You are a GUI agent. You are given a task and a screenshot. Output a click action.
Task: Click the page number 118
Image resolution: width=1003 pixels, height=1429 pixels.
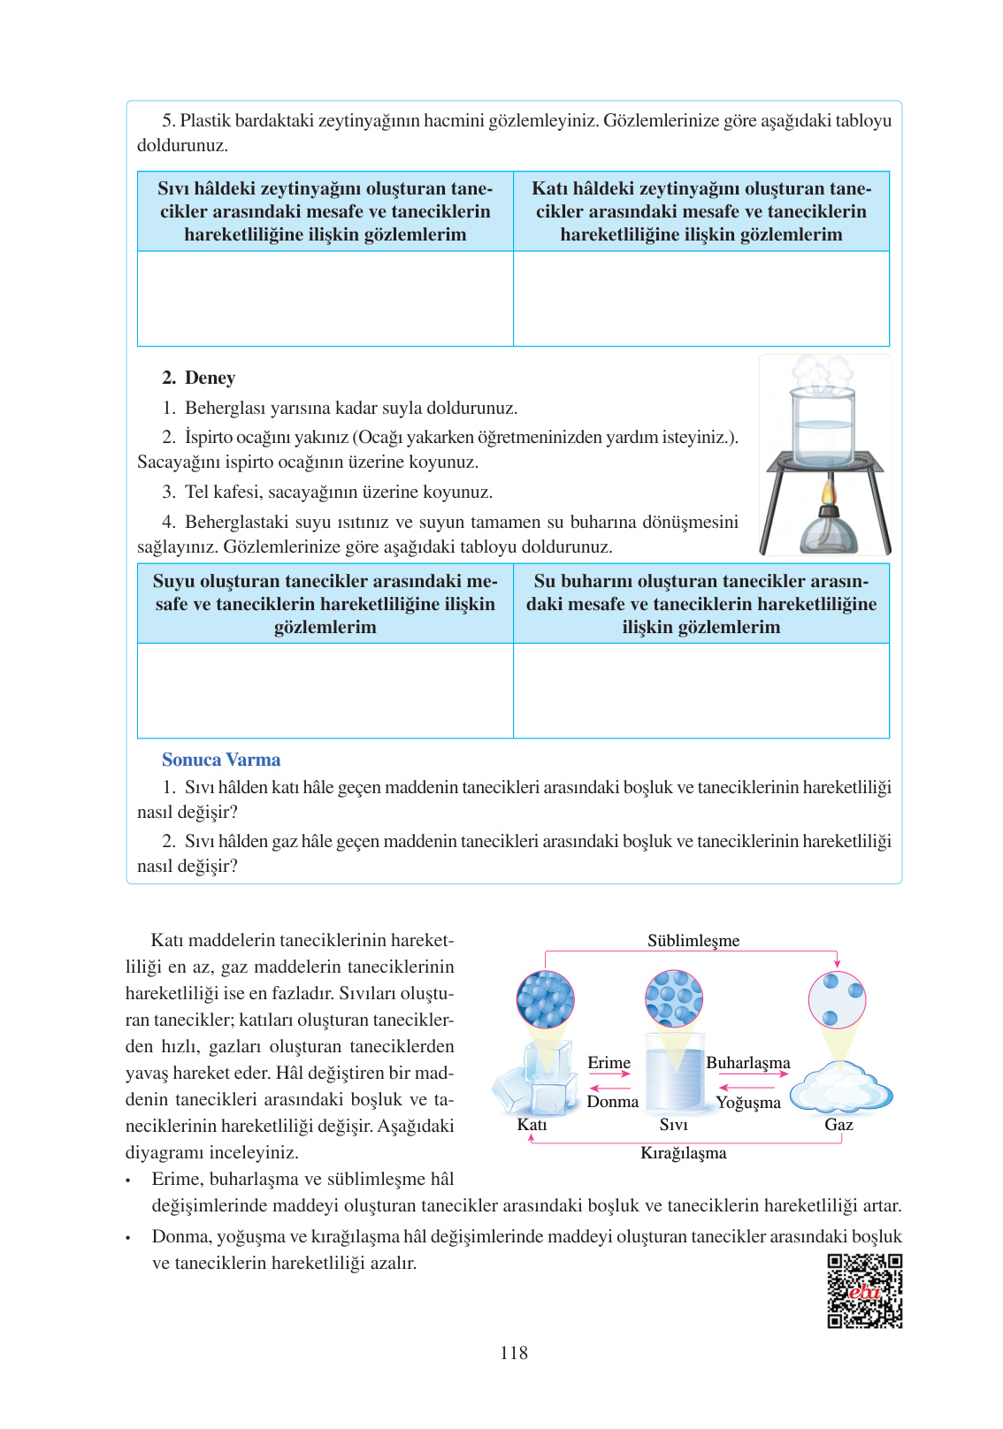(513, 1352)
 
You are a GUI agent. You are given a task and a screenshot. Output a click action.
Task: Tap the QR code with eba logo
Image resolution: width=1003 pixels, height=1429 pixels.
(864, 1290)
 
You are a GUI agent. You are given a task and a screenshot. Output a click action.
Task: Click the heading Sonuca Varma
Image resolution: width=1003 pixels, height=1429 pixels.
(221, 760)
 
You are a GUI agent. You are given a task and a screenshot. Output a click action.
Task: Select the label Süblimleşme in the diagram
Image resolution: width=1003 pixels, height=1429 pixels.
(693, 941)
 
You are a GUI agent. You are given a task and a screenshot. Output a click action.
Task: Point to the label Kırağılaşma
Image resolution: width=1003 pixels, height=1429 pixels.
(683, 1153)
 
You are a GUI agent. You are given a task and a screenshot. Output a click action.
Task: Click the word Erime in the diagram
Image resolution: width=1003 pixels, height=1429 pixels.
(609, 1063)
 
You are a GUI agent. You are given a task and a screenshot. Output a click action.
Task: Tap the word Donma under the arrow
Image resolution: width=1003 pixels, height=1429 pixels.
(612, 1102)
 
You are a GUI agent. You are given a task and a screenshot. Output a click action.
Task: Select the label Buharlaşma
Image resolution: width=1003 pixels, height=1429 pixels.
(747, 1063)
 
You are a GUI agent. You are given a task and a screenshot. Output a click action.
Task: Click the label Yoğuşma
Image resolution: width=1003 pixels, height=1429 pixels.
(748, 1103)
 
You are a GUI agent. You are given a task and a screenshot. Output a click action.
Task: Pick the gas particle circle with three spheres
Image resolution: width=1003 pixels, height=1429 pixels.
(837, 1000)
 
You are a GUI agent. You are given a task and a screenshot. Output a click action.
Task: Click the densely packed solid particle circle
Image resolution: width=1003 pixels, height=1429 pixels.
(546, 999)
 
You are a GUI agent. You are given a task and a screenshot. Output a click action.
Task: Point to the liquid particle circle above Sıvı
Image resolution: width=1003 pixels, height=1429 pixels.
(674, 998)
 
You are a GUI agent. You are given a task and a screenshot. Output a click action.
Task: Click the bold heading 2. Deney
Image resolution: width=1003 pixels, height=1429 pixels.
(199, 378)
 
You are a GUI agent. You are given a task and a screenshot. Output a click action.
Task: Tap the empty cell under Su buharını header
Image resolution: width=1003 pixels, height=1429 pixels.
(701, 691)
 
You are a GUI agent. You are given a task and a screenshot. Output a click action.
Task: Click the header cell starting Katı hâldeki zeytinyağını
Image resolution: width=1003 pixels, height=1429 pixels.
(701, 211)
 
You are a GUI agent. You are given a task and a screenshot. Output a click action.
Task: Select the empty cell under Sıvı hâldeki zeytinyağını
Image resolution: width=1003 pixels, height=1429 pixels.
(325, 299)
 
